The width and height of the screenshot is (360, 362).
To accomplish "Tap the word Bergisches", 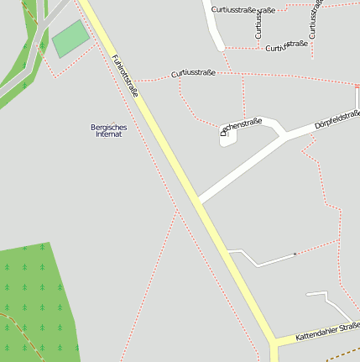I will click(x=107, y=127).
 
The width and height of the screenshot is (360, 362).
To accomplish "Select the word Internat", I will click(x=108, y=134).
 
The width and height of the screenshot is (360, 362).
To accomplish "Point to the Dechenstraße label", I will click(x=242, y=126).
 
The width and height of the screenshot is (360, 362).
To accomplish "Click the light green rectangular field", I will click(x=70, y=39).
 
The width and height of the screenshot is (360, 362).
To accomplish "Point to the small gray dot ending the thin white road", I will click(x=295, y=254).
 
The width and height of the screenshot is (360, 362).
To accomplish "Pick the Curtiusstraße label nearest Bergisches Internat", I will click(x=193, y=73).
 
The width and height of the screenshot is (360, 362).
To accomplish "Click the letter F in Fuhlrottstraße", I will click(x=113, y=58).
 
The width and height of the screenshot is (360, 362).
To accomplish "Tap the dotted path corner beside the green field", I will click(x=57, y=76).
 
